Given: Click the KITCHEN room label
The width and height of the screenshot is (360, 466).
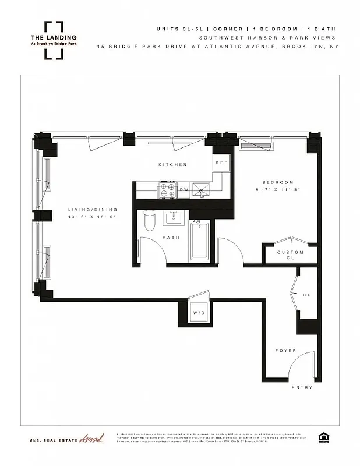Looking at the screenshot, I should tap(173, 165).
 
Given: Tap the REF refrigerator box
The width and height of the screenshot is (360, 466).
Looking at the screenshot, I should tap(221, 163).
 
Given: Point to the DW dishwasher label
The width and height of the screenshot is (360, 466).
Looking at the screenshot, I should tap(183, 190).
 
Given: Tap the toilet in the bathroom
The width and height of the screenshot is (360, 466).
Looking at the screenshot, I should tap(149, 222).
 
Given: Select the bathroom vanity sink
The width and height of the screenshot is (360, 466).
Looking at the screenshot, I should tap(174, 218).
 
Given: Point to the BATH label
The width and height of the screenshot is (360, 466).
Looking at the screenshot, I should tap(171, 238).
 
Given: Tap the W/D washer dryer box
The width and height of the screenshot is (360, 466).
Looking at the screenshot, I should tap(199, 313).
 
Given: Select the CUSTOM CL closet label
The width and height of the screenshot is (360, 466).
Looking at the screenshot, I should tap(290, 255).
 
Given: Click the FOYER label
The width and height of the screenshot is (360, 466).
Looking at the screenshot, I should tap(285, 350).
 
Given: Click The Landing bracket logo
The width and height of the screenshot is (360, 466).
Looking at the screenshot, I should tap(54, 40).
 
